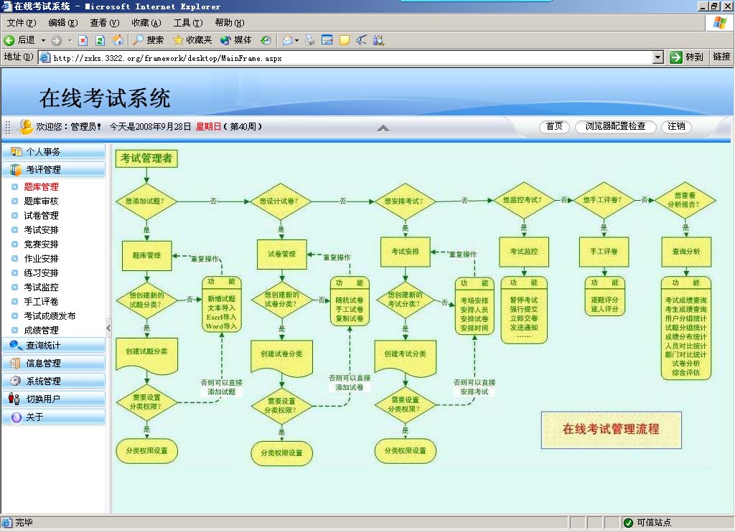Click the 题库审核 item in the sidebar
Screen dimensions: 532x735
[x=41, y=201]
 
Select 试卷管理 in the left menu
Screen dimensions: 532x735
[x=41, y=216]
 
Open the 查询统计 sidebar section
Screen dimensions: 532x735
[x=44, y=346]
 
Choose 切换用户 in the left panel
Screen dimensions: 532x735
[x=44, y=399]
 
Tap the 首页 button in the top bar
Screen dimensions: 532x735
[x=554, y=127]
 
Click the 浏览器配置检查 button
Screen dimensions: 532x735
[x=615, y=127]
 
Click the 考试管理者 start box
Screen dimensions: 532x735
[x=146, y=158]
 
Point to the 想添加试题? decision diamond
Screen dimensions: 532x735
[x=146, y=201]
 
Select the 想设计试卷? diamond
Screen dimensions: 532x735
[x=281, y=201]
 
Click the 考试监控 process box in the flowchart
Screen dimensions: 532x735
[x=523, y=252]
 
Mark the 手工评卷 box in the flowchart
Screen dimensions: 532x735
[x=604, y=252]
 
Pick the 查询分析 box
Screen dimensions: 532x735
[x=685, y=252]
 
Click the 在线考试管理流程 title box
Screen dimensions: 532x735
[x=610, y=429]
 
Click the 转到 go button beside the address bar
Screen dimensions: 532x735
[x=687, y=57]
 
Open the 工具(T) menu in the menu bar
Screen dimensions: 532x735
[x=187, y=23]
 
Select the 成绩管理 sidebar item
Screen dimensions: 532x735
[x=41, y=331]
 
